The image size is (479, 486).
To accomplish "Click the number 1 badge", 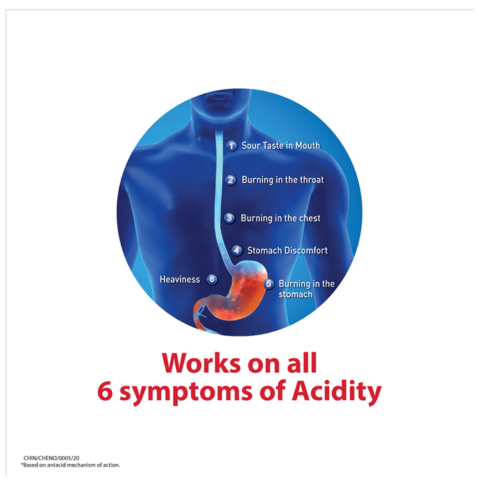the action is pyautogui.click(x=231, y=145).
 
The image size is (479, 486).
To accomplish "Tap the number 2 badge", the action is pyautogui.click(x=230, y=180).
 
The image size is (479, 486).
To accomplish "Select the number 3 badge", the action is pyautogui.click(x=229, y=218).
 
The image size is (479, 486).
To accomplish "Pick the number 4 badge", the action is pyautogui.click(x=237, y=250).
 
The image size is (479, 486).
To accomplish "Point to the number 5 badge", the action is pyautogui.click(x=269, y=283).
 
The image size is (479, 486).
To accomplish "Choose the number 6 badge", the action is pyautogui.click(x=212, y=279).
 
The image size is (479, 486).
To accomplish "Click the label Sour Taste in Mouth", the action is pyautogui.click(x=280, y=145).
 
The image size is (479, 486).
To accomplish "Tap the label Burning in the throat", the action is pyautogui.click(x=283, y=180).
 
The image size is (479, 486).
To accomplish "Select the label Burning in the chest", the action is pyautogui.click(x=280, y=218).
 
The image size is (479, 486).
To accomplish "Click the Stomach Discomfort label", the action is pyautogui.click(x=287, y=251).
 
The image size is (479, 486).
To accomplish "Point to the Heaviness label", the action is pyautogui.click(x=180, y=280).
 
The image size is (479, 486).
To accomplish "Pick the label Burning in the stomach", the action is pyautogui.click(x=307, y=289).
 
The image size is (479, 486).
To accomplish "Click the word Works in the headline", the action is pyautogui.click(x=201, y=362).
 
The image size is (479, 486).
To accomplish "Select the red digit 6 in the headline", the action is pyautogui.click(x=105, y=391).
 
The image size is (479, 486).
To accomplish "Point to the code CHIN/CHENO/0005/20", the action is pyautogui.click(x=51, y=458).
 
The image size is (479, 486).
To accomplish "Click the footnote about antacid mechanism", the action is pyautogui.click(x=70, y=465).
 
